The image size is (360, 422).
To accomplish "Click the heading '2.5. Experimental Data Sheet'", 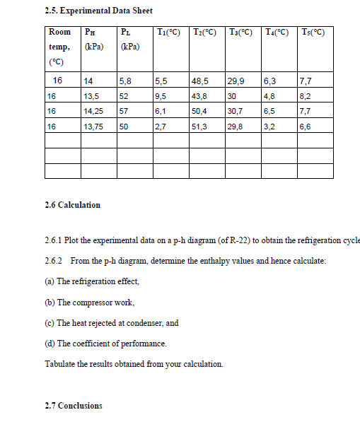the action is coord(98,11).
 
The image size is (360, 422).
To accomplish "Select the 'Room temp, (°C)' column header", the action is coord(59,47).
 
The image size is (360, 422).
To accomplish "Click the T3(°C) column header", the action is coord(242,32).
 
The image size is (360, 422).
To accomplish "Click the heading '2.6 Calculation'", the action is coord(72,205).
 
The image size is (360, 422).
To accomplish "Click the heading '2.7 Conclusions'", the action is coord(73,406).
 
